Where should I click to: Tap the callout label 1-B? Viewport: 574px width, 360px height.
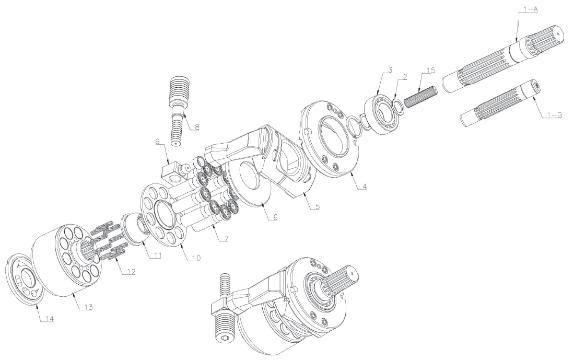(x=554, y=115)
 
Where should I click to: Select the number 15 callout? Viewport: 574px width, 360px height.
(x=431, y=71)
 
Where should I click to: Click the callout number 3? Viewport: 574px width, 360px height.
(x=390, y=69)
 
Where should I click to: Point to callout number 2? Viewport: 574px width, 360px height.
(x=404, y=76)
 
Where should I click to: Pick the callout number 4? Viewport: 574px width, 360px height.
(x=364, y=186)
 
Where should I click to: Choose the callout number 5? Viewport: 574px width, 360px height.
(x=317, y=206)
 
